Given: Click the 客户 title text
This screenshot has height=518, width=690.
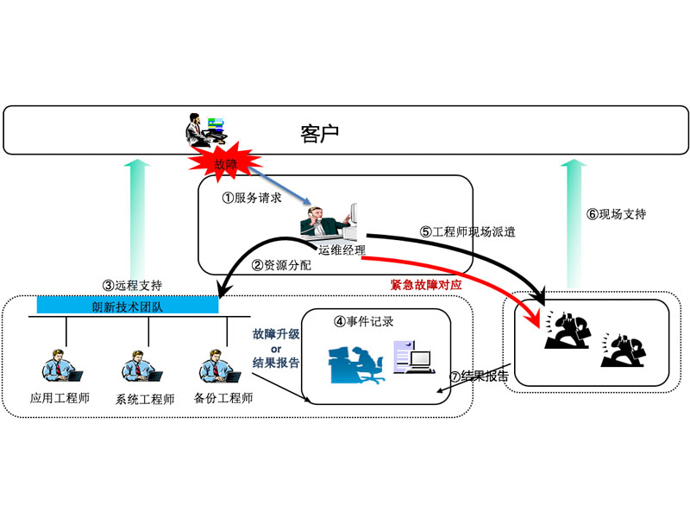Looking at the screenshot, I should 319,133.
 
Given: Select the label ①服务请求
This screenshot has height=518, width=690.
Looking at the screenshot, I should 251,196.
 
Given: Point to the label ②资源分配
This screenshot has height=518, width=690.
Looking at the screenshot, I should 281,265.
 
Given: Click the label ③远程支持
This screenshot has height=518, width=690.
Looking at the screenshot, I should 132,284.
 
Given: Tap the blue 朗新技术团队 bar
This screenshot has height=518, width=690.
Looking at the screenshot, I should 127,306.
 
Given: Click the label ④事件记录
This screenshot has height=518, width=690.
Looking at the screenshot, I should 363,322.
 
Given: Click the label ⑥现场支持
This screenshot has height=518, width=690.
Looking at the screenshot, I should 616,214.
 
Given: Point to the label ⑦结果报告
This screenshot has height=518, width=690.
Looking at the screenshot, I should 479,376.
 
